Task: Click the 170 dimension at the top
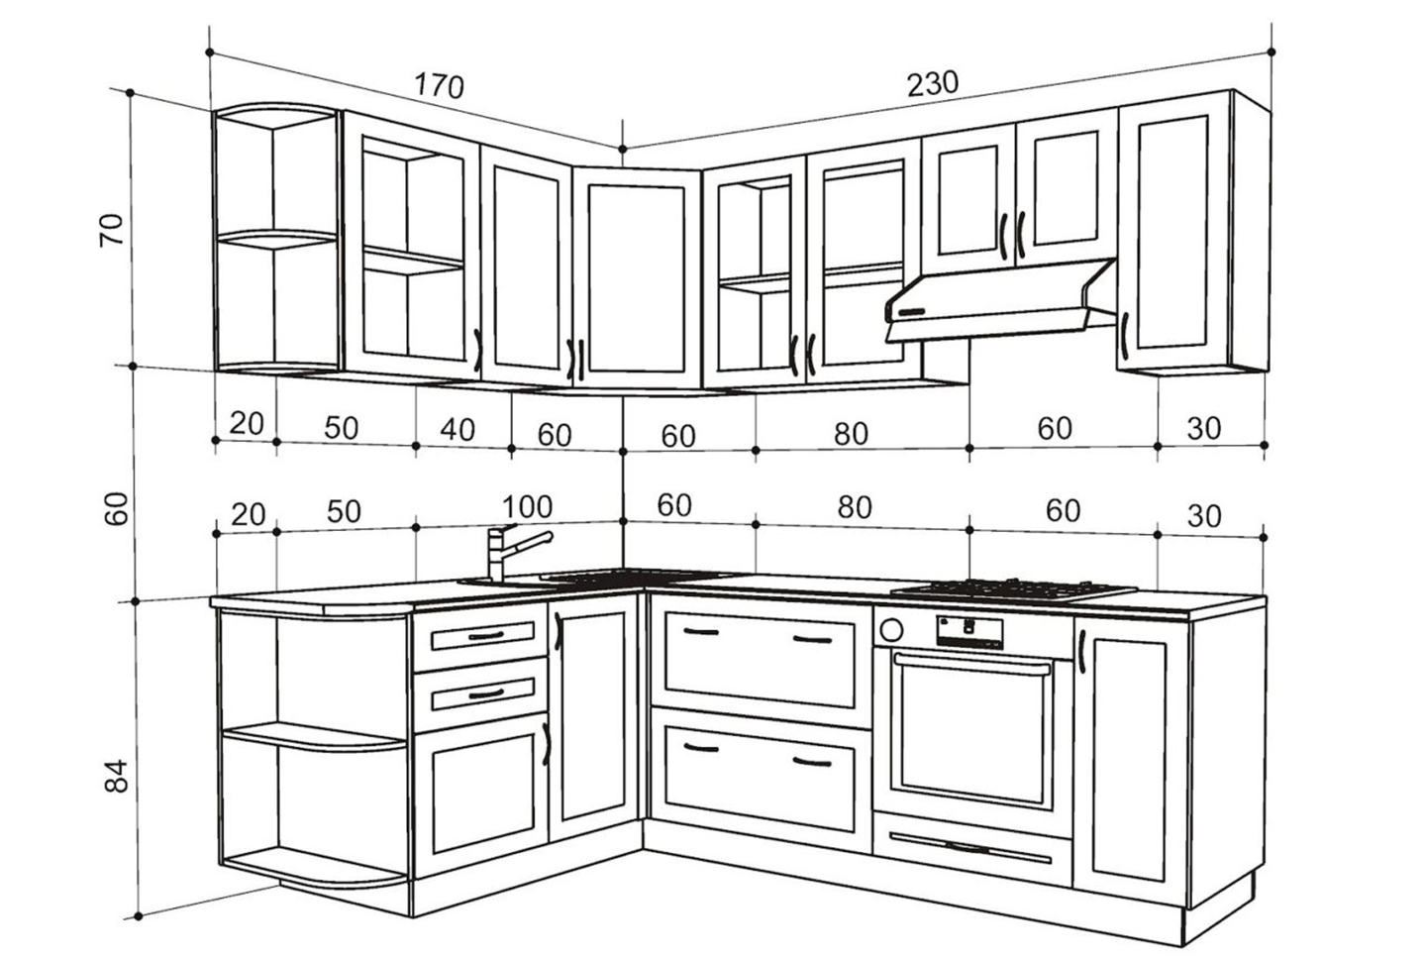(439, 86)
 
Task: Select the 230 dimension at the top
(933, 83)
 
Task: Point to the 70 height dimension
(114, 229)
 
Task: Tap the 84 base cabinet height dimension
(117, 775)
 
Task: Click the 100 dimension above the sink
(526, 507)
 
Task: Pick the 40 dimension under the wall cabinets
(457, 429)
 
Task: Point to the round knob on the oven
(890, 629)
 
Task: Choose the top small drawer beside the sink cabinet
(479, 637)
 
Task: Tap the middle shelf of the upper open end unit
(275, 238)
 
